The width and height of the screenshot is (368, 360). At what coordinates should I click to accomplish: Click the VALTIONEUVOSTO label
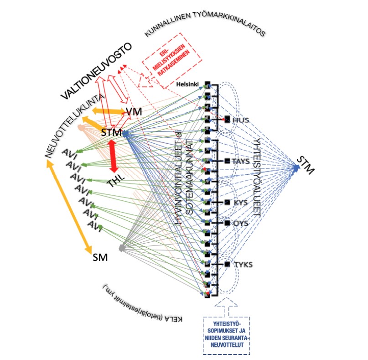tap(96, 71)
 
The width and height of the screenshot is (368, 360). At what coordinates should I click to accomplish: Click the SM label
tap(99, 257)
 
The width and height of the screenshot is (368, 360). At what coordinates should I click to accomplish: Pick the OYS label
tap(240, 223)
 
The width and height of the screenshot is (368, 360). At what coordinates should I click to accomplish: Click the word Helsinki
tap(189, 84)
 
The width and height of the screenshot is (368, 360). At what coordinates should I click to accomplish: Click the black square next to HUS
tap(227, 120)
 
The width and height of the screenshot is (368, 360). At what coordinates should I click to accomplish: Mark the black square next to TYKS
tap(227, 264)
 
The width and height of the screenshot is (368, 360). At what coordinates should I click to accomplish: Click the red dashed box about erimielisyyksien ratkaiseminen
tap(172, 60)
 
